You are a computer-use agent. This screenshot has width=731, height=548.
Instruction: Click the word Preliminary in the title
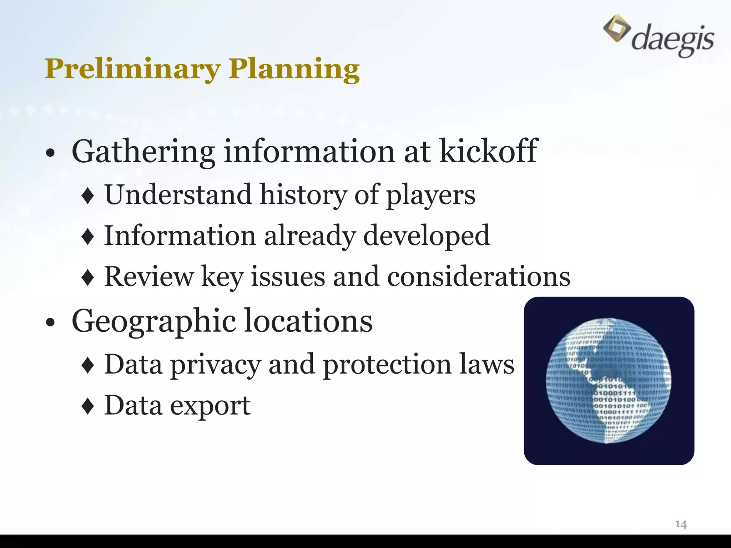click(x=133, y=68)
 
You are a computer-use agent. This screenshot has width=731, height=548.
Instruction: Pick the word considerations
click(x=479, y=277)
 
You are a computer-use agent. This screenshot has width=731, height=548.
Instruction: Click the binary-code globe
click(x=609, y=381)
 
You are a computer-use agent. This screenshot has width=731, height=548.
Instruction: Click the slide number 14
click(x=681, y=524)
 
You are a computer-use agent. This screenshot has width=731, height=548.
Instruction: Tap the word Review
click(x=149, y=277)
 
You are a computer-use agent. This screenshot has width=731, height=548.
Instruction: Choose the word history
click(x=303, y=196)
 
